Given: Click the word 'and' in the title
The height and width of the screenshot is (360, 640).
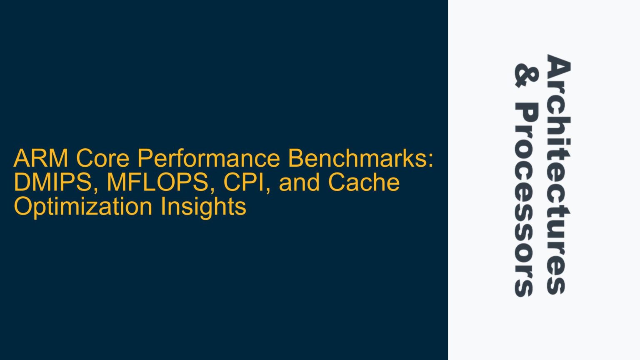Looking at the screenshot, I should click(x=299, y=182).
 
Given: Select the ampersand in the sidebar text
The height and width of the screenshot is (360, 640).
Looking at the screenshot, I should click(x=526, y=75).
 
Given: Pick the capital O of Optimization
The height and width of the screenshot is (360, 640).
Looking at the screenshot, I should click(x=23, y=206).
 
